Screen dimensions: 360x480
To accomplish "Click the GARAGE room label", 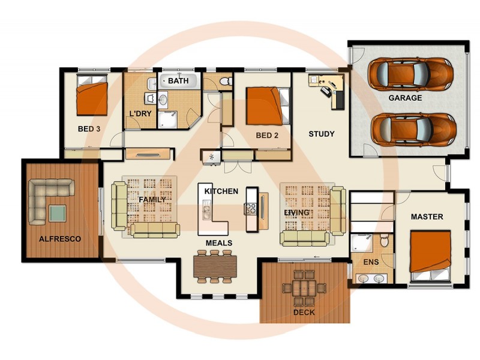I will (x=405, y=98).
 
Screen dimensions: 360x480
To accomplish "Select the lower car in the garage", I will (x=413, y=128).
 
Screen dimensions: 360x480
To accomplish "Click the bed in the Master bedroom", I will (x=430, y=253).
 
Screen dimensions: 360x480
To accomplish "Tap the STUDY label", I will (x=322, y=134).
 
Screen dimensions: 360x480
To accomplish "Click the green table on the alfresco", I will (x=58, y=213).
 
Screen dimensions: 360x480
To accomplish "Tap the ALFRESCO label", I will (x=60, y=239).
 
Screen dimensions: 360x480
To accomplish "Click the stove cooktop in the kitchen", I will (x=250, y=209).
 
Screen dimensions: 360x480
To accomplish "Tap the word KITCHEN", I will (x=221, y=191).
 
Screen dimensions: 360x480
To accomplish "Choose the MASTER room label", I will (x=427, y=217).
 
